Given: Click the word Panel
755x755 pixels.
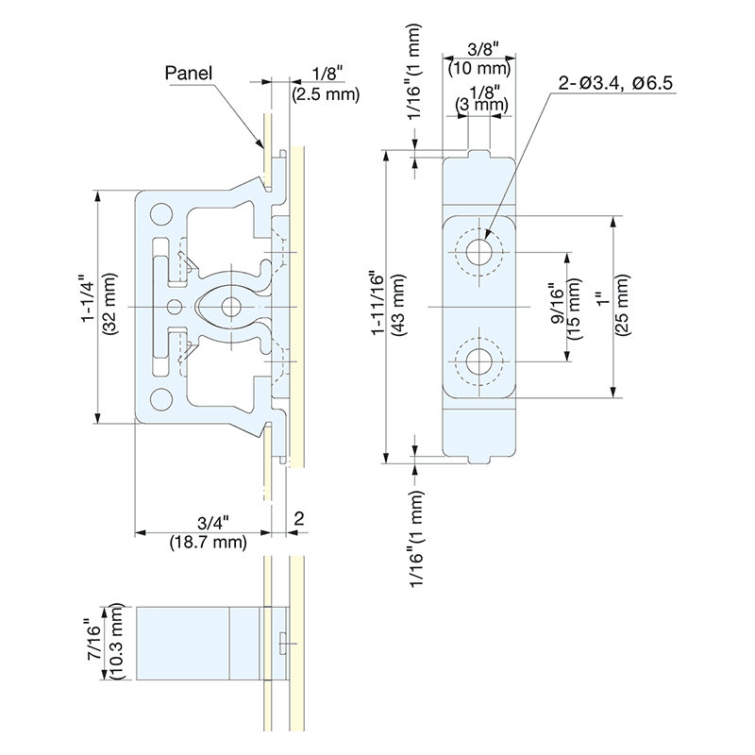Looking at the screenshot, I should point(188,72).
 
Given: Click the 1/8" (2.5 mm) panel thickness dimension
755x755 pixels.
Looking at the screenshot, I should point(325,84).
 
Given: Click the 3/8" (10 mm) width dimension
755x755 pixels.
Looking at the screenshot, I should point(480,59).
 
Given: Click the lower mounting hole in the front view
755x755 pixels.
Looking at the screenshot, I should point(479,360).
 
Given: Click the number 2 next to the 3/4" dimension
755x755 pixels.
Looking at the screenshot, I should point(297,517).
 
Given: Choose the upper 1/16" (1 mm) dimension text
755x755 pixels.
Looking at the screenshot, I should point(416,80).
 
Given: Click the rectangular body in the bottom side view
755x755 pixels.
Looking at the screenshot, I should point(185,643).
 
